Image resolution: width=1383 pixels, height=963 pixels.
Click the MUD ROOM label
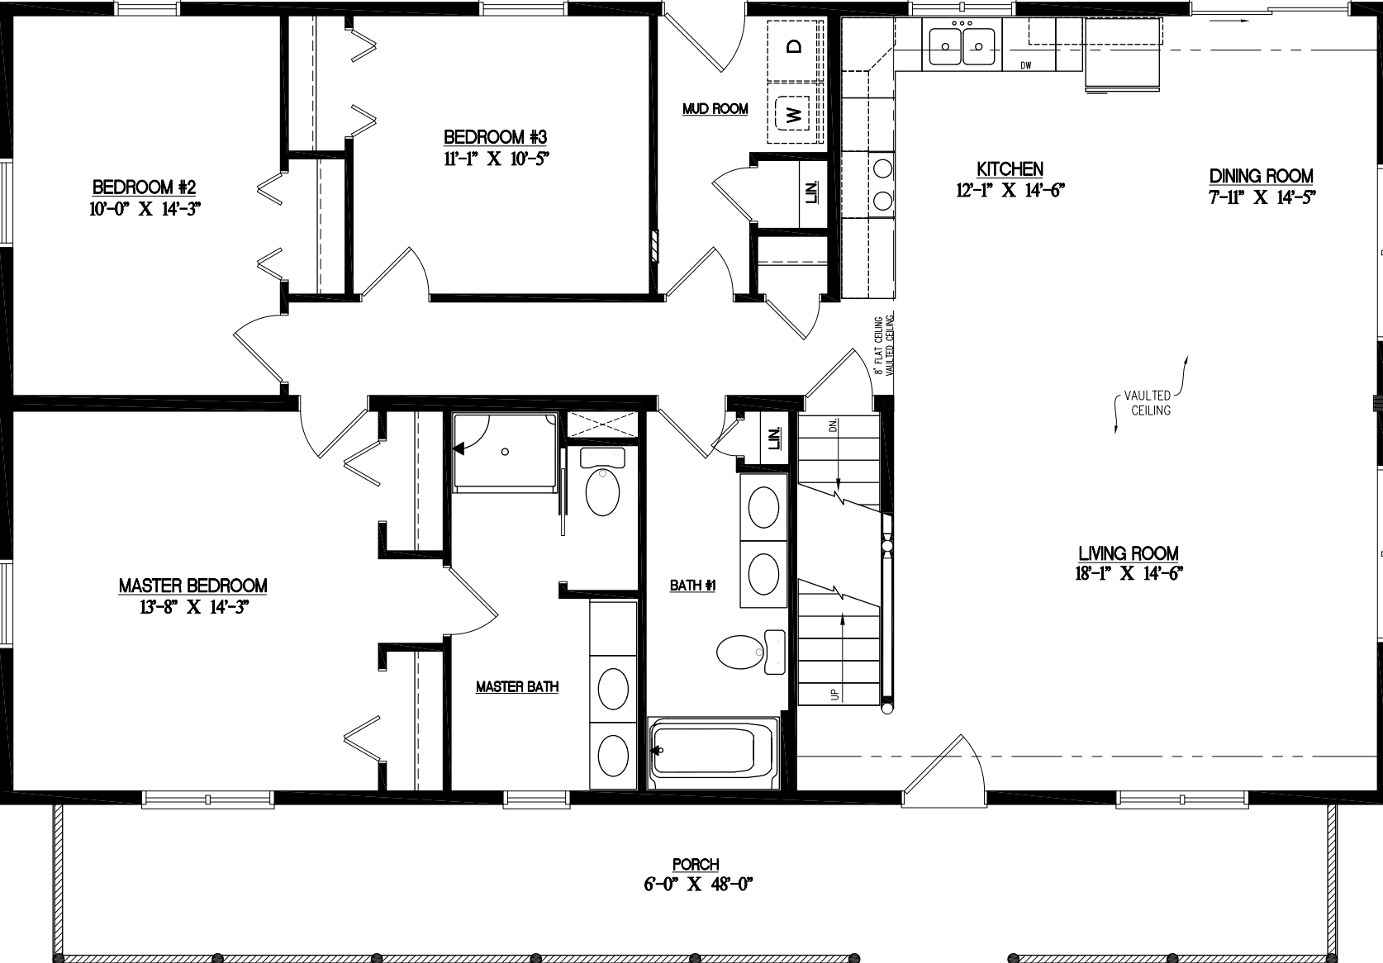click(715, 109)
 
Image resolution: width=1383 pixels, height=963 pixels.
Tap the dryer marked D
click(795, 46)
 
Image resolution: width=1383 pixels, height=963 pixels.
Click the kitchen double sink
click(962, 45)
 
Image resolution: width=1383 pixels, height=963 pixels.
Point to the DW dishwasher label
click(1027, 65)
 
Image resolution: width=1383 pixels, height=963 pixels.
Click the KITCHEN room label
click(1010, 169)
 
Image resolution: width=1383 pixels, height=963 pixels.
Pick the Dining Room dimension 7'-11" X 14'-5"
click(1261, 197)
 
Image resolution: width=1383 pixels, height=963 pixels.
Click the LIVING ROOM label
click(1128, 554)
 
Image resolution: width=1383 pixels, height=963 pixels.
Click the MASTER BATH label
click(517, 686)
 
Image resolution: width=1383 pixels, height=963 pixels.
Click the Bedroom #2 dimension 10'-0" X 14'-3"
click(145, 209)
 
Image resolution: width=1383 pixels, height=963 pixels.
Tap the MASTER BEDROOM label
click(192, 586)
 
